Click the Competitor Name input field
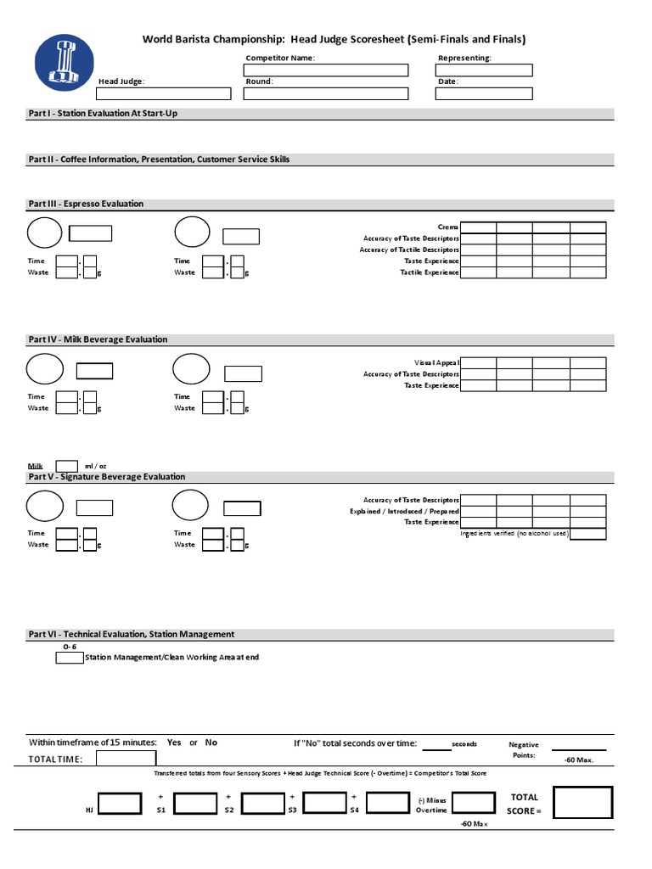point(325,70)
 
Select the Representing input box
point(484,70)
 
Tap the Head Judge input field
point(164,93)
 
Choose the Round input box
point(325,93)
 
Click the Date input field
point(484,93)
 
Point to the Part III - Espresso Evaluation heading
point(86,204)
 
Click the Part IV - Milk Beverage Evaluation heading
point(98,339)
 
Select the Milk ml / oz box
point(67,465)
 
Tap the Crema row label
point(447,227)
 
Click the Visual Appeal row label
point(436,362)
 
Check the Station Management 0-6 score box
point(69,657)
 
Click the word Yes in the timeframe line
point(174,743)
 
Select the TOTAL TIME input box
point(126,759)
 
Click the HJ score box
point(120,804)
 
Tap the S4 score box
point(388,804)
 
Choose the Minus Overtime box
point(473,804)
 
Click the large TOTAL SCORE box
point(582,805)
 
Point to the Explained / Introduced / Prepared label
point(404,512)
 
